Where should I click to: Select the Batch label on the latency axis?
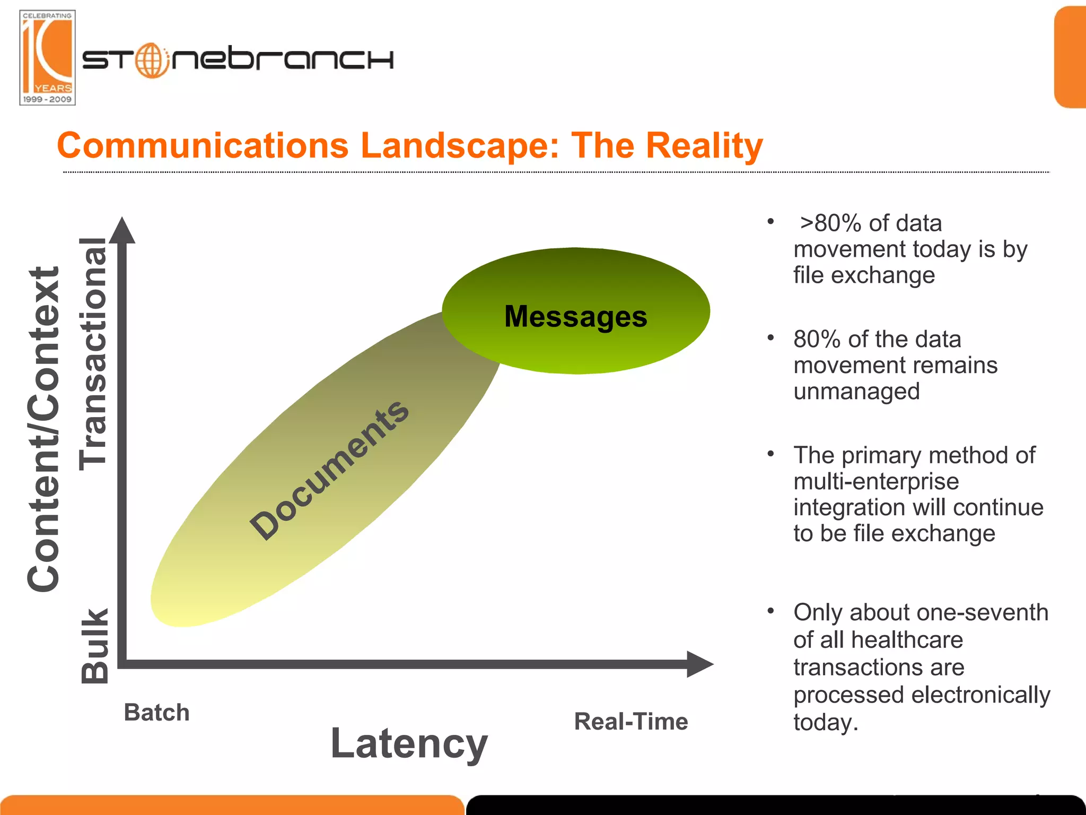(156, 712)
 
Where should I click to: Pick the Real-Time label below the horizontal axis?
(631, 722)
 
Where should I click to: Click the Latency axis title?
(409, 743)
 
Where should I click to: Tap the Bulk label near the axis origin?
(95, 645)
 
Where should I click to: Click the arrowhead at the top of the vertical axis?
(122, 231)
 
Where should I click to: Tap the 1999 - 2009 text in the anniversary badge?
(47, 99)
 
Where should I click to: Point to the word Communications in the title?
(203, 146)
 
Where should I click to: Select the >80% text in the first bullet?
(830, 223)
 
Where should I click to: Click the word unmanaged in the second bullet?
(856, 392)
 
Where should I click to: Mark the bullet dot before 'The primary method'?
(771, 454)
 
